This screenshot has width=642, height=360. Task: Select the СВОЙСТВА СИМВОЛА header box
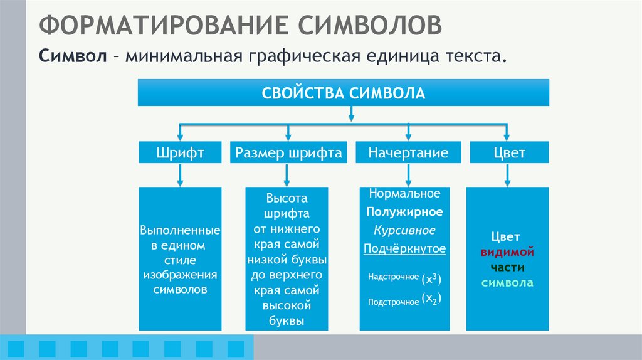pyautogui.click(x=344, y=93)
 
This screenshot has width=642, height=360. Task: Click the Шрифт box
pyautogui.click(x=180, y=152)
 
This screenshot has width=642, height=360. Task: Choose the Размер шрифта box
pyautogui.click(x=288, y=152)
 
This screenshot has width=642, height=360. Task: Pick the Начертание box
pyautogui.click(x=408, y=152)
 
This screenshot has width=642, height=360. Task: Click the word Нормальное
pyautogui.click(x=404, y=194)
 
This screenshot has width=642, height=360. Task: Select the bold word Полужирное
pyautogui.click(x=404, y=212)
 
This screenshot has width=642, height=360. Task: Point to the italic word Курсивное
pyautogui.click(x=404, y=230)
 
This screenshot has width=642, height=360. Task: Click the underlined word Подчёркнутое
pyautogui.click(x=404, y=249)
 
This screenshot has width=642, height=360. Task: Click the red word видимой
pyautogui.click(x=507, y=253)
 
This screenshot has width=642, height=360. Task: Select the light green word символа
pyautogui.click(x=507, y=283)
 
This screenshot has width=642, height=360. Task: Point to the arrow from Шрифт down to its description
pyautogui.click(x=180, y=175)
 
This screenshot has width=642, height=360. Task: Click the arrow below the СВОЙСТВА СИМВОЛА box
pyautogui.click(x=351, y=113)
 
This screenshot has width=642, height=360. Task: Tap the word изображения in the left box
pyautogui.click(x=180, y=275)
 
